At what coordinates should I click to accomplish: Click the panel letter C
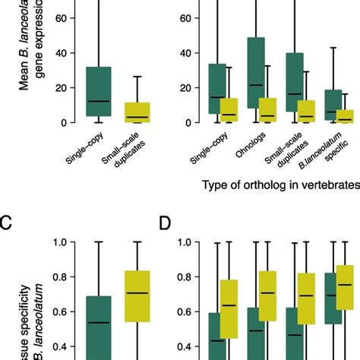[7, 223]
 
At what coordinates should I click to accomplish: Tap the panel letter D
[166, 223]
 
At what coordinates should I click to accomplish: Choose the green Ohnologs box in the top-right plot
[256, 80]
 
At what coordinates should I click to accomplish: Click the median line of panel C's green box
[98, 323]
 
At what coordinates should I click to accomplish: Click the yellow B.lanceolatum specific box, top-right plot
[344, 115]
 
